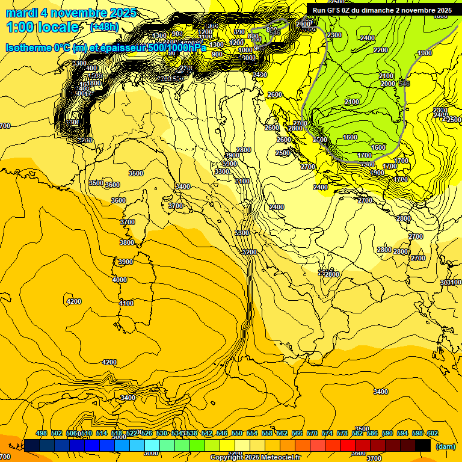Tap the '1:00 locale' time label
43,27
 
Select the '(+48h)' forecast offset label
103,27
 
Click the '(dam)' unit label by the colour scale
445,446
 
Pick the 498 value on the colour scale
42,434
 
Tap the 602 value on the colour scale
432,434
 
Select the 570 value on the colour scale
312,434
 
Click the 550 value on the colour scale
237,434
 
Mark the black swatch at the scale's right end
423,445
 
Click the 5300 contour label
242,233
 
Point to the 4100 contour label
126,304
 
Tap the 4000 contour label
120,280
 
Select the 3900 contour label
125,262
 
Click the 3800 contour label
126,242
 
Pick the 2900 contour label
232,156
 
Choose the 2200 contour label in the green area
380,50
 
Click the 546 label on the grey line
404,83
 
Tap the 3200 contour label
250,252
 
